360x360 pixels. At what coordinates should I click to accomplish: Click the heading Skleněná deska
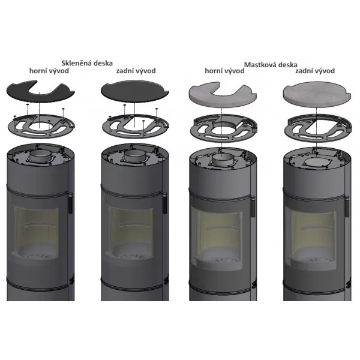[87, 63]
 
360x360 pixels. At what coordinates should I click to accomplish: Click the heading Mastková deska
[271, 65]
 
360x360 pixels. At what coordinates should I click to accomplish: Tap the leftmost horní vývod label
[49, 71]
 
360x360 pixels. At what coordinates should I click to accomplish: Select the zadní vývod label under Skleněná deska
[136, 71]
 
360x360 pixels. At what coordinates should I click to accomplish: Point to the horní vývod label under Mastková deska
[224, 71]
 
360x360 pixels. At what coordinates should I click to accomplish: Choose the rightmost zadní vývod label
[315, 71]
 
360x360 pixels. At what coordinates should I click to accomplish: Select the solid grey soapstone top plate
[317, 94]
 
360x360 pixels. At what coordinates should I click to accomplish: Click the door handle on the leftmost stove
[70, 202]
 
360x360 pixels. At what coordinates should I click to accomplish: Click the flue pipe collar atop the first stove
[40, 156]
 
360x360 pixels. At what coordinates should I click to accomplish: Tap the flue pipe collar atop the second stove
[135, 156]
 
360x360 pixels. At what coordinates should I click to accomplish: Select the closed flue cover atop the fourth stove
[317, 162]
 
